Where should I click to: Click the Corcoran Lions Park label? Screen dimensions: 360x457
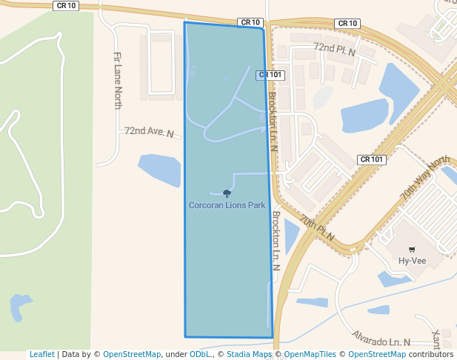pyautogui.click(x=227, y=205)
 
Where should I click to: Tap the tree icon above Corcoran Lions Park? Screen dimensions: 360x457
pyautogui.click(x=227, y=193)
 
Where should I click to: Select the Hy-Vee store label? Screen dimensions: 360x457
pyautogui.click(x=412, y=261)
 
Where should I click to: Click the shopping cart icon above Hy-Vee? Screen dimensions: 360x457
pyautogui.click(x=412, y=250)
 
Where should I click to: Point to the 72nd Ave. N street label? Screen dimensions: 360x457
pyautogui.click(x=149, y=132)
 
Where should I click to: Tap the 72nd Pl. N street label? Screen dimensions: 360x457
pyautogui.click(x=335, y=50)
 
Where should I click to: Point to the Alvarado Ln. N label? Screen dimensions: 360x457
pyautogui.click(x=381, y=339)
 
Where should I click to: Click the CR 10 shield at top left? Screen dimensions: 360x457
pyautogui.click(x=66, y=5)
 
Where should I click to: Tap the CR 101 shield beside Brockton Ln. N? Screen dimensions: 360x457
pyautogui.click(x=271, y=75)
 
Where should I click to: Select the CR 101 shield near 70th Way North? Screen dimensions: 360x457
pyautogui.click(x=372, y=159)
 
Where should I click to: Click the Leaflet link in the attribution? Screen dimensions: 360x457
pyautogui.click(x=42, y=354)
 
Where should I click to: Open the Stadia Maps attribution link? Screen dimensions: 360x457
pyautogui.click(x=249, y=354)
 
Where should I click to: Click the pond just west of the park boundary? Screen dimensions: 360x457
pyautogui.click(x=159, y=170)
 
